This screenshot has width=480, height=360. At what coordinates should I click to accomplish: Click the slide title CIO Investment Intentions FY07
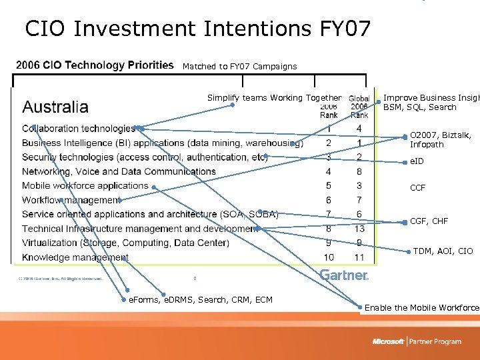(197, 29)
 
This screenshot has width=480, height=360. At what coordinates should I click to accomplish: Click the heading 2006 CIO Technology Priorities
(94, 65)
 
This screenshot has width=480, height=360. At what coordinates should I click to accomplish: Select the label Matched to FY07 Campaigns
(239, 67)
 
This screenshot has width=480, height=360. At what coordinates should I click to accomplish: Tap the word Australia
(55, 107)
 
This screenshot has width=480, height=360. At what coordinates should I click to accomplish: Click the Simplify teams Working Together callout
(274, 98)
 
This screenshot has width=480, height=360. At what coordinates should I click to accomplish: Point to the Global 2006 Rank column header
(359, 107)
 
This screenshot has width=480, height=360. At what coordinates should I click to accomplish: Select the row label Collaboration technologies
(79, 129)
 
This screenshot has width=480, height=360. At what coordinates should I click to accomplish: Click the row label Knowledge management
(75, 257)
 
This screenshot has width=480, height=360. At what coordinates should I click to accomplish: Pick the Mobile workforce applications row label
(85, 186)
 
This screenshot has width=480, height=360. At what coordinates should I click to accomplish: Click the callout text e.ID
(417, 162)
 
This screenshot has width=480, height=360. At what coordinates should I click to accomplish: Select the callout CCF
(417, 188)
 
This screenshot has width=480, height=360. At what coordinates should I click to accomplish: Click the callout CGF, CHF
(429, 221)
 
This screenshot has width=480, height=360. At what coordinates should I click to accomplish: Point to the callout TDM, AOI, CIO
(443, 251)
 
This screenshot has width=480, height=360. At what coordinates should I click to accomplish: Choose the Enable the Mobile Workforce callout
(421, 308)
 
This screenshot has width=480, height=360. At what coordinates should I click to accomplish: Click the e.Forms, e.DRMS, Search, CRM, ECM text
(200, 300)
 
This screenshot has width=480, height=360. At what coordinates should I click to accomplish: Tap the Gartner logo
(344, 275)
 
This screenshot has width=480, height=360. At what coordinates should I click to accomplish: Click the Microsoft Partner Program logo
(417, 341)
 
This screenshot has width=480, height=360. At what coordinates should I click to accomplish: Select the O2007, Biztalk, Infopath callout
(440, 140)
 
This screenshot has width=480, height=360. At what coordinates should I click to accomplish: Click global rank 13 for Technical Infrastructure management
(359, 229)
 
